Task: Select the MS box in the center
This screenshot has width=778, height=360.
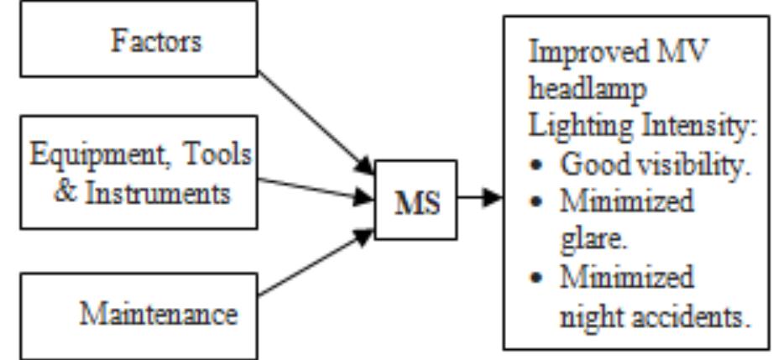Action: tap(417, 201)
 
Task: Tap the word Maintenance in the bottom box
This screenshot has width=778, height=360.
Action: tap(158, 314)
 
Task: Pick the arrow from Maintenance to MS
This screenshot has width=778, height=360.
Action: tap(315, 264)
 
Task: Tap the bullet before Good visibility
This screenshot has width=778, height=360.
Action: tap(537, 165)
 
